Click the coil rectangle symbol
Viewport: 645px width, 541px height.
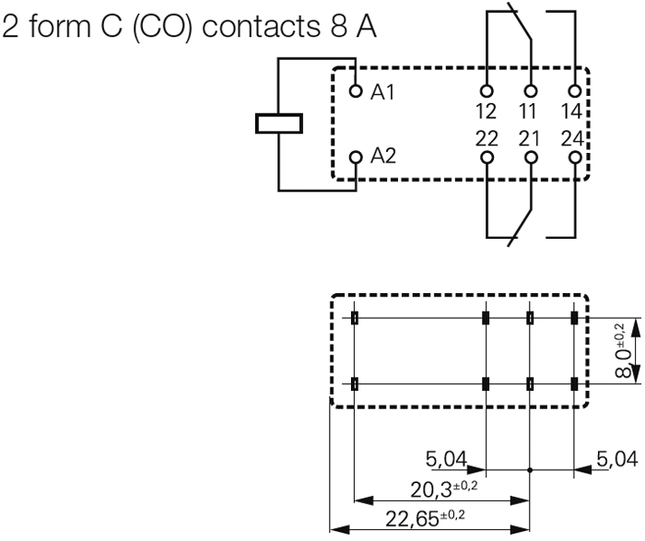coord(279,123)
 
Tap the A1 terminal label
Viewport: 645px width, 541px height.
coord(383,92)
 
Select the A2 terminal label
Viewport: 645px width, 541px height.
coord(383,156)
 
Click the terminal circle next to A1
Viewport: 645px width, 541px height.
coord(357,91)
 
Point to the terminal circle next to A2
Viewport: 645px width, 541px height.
coord(357,157)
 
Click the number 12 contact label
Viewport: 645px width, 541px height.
coord(486,112)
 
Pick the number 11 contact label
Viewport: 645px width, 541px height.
coord(529,112)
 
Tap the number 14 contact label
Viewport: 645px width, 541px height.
coord(573,112)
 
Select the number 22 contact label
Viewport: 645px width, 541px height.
coord(486,138)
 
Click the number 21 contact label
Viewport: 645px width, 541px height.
coord(530,138)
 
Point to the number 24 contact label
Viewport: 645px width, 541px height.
coord(573,138)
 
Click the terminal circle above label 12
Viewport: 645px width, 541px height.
coord(486,92)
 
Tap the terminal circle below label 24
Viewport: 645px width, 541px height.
coord(575,158)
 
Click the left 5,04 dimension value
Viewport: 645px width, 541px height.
coord(447,457)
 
